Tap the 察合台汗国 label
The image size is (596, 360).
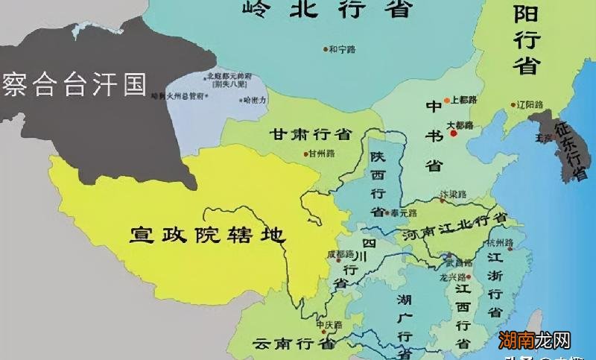[x=74, y=83]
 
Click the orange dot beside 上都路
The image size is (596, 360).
[x=447, y=100]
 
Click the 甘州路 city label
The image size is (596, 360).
[x=322, y=154]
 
